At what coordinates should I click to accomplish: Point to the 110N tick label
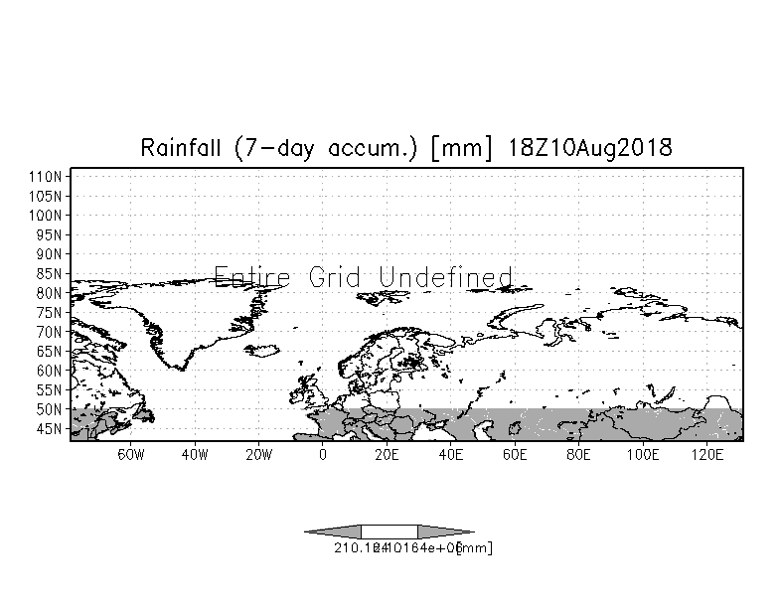point(48,175)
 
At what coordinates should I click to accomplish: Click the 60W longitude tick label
point(131,455)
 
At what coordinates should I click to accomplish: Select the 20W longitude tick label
point(258,455)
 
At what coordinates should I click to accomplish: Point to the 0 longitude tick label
point(322,455)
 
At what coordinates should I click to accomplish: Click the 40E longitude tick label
point(450,455)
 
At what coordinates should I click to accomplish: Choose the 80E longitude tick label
point(578,455)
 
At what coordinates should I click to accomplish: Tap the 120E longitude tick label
point(706,455)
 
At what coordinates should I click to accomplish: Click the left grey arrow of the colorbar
point(332,532)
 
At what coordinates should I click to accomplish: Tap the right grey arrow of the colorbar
point(445,532)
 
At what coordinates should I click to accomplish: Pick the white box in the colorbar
point(389,532)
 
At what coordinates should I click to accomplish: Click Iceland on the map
point(264,350)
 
